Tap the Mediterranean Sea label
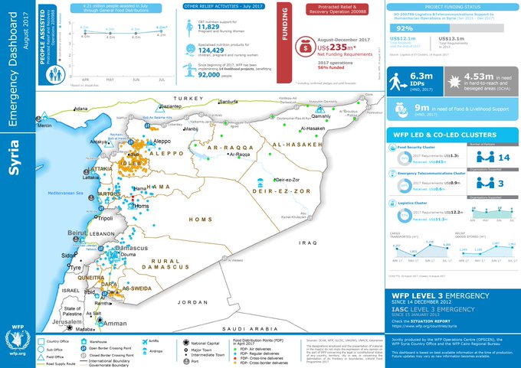tap(64, 194)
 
